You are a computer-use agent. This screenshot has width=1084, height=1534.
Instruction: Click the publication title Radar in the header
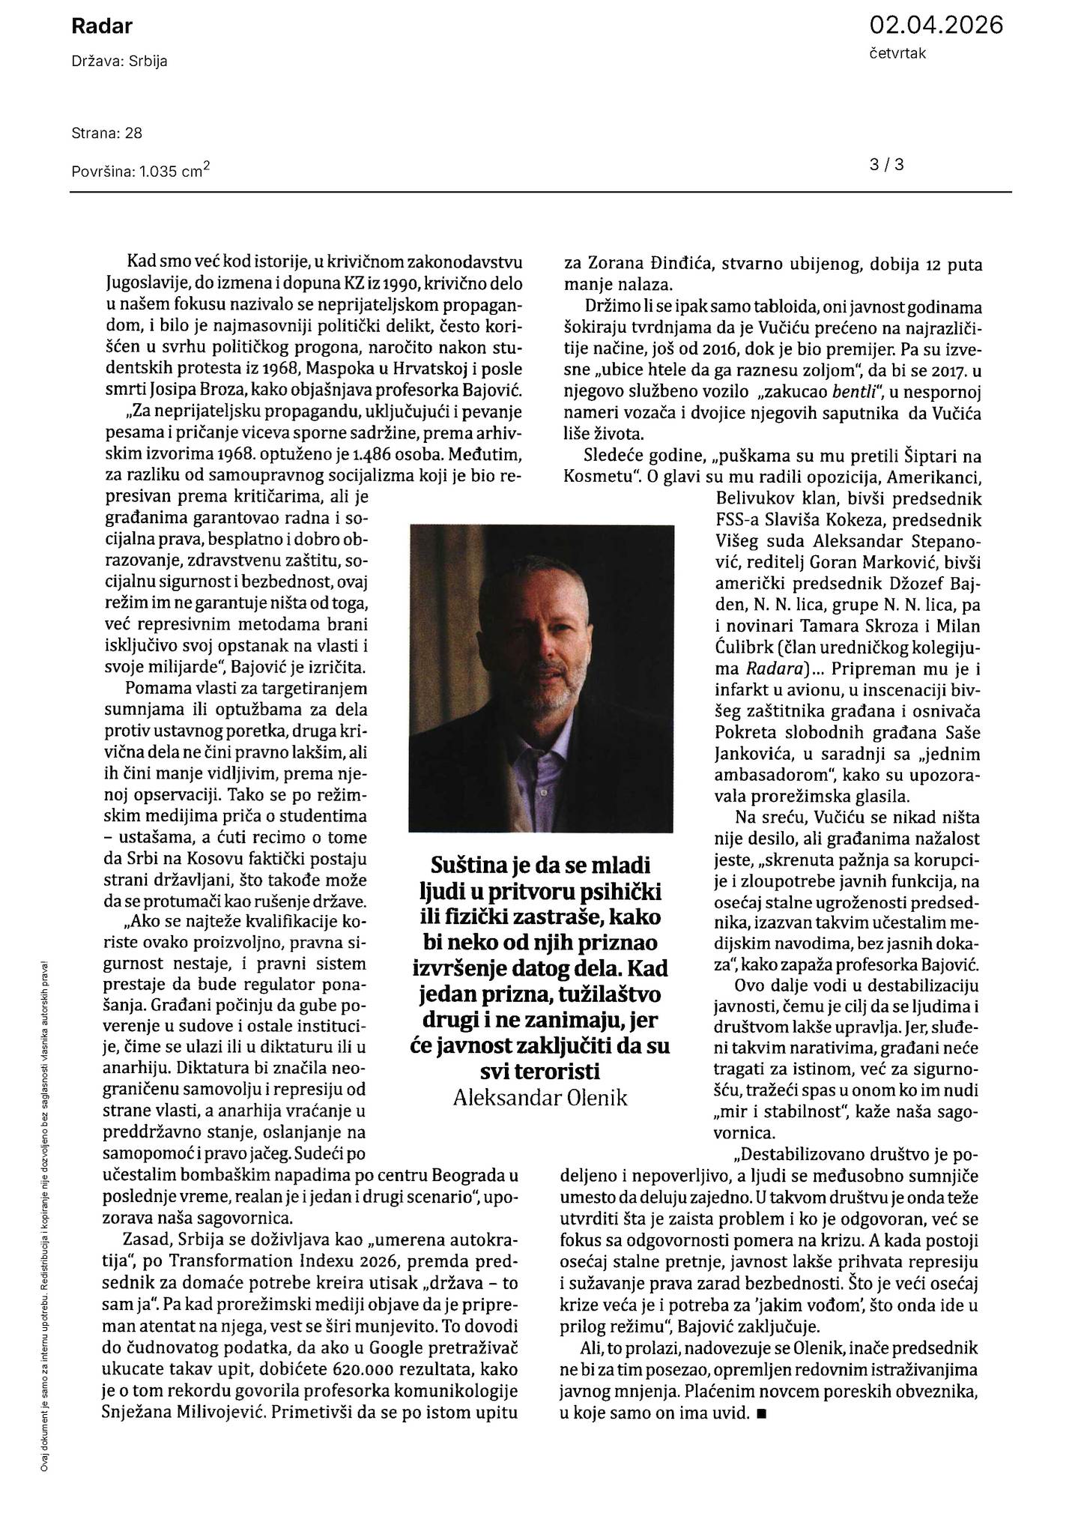(102, 27)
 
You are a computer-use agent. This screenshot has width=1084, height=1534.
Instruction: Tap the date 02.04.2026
(936, 25)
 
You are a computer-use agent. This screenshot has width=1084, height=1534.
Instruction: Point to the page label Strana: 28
(107, 133)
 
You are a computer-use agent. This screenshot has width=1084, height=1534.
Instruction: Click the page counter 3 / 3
(887, 164)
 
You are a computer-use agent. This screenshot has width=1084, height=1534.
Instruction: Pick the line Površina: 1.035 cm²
(140, 171)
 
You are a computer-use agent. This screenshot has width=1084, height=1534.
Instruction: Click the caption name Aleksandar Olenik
(540, 1098)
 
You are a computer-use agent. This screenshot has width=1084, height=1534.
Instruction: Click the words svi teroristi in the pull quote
(540, 1069)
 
